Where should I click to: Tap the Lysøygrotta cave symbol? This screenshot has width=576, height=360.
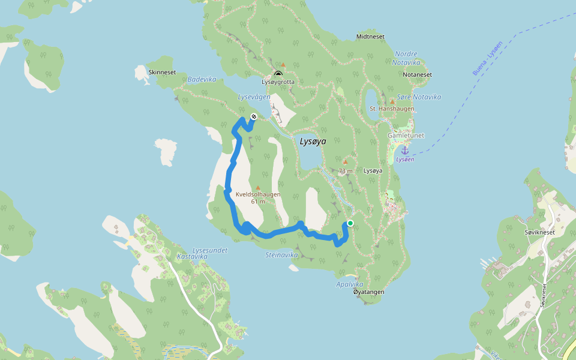coord(278,74)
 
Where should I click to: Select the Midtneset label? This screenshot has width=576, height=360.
coord(370,37)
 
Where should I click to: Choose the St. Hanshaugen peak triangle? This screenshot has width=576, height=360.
coord(392,101)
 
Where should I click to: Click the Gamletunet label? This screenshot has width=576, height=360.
coord(405,136)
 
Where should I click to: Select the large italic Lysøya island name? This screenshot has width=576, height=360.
coord(313,142)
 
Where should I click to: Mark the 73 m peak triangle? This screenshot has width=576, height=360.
coord(345,161)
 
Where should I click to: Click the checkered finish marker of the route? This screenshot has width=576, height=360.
coord(254,116)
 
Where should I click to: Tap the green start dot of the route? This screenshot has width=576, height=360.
coord(350,223)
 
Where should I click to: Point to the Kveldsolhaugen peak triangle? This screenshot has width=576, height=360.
coord(258,188)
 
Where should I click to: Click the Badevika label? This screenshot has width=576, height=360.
coord(202,79)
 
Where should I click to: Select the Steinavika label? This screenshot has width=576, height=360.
coord(281,255)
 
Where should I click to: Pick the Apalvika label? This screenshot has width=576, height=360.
coord(350,284)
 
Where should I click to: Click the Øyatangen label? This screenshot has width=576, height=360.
coord(368,292)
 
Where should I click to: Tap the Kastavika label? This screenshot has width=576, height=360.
coord(192,256)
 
